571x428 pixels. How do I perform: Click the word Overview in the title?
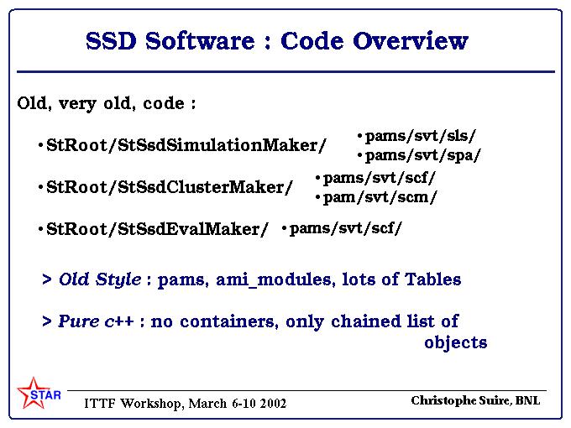(411, 41)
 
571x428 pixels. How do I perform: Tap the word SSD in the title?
(111, 41)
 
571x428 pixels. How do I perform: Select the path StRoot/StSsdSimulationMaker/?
(186, 145)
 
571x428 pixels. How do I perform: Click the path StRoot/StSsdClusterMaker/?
(170, 187)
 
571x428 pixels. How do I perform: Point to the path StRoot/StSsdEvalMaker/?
(157, 229)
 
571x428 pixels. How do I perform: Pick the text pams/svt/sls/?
(420, 136)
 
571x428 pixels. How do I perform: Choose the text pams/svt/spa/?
(422, 156)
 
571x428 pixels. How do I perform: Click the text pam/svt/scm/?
(380, 197)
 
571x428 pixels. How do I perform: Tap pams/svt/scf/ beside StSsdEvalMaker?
(346, 228)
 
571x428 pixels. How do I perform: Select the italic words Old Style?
(100, 279)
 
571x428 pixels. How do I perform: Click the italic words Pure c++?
(96, 321)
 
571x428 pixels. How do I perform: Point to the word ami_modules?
(274, 279)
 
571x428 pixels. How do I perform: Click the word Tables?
(433, 279)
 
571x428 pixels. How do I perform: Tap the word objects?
(456, 342)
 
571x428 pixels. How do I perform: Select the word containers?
(229, 321)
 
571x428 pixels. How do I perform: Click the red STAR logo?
(39, 393)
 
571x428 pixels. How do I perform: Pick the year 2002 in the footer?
(273, 404)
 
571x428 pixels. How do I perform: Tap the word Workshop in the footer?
(152, 404)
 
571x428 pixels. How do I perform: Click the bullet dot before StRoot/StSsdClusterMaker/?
(40, 187)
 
